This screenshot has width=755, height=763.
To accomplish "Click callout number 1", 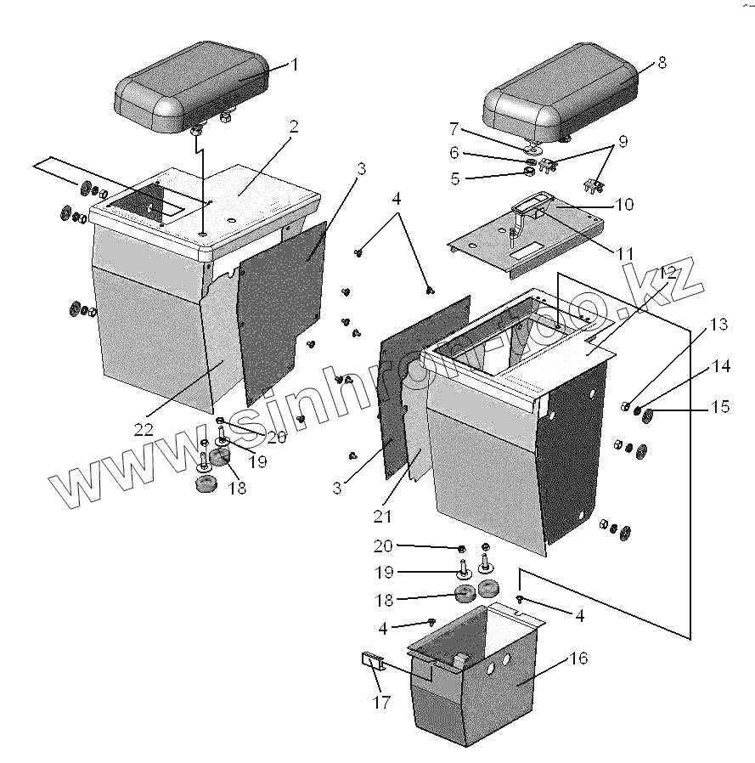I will click(x=295, y=64).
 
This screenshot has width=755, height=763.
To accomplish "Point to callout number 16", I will click(x=578, y=658).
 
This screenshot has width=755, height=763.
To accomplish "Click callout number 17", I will click(x=381, y=702).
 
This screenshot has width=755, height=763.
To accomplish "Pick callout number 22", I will click(x=144, y=430).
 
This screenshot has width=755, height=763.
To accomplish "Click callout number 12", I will click(x=667, y=273).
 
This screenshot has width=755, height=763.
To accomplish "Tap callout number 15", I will click(x=719, y=408).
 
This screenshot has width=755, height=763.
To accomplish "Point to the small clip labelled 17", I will click(x=372, y=659).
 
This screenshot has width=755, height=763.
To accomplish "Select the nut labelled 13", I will click(x=626, y=405).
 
